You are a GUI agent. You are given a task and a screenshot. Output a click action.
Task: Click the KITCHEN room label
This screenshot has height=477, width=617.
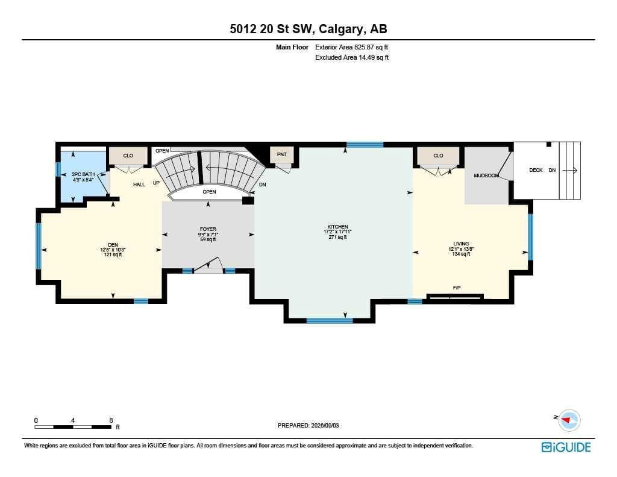click(x=337, y=227)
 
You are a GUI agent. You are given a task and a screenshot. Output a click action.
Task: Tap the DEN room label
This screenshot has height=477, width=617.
click(x=113, y=245)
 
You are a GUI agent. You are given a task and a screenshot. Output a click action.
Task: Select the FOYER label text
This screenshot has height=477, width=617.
click(x=208, y=229)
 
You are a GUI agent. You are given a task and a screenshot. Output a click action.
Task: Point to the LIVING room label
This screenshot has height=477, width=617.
click(x=461, y=244)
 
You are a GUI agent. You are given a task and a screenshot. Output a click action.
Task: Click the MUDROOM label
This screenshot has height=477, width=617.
click(x=486, y=175)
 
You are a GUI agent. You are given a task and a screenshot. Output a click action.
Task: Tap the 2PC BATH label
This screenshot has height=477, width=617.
click(x=83, y=174)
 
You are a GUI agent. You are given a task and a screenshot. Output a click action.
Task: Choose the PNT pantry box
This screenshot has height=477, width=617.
click(x=282, y=155)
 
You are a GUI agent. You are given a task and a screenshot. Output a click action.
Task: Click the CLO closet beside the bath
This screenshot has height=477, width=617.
click(x=128, y=156)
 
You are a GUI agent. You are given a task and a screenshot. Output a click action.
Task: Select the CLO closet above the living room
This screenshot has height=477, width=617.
click(x=438, y=156)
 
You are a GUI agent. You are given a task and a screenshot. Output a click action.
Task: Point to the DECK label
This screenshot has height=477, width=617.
click(x=536, y=170)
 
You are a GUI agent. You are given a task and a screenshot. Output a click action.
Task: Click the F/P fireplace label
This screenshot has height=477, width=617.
click(x=457, y=288)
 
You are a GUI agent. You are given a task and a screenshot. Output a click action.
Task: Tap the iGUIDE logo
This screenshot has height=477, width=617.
click(x=566, y=447)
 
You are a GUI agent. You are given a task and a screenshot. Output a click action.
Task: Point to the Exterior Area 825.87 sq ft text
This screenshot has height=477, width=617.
click(x=351, y=47)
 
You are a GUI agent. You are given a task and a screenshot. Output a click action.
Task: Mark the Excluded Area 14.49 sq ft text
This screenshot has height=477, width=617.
click(x=352, y=57)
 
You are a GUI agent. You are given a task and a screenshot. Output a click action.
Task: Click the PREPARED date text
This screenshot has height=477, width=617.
click(x=308, y=425)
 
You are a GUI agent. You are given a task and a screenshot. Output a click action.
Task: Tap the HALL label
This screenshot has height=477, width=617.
click(x=139, y=185)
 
